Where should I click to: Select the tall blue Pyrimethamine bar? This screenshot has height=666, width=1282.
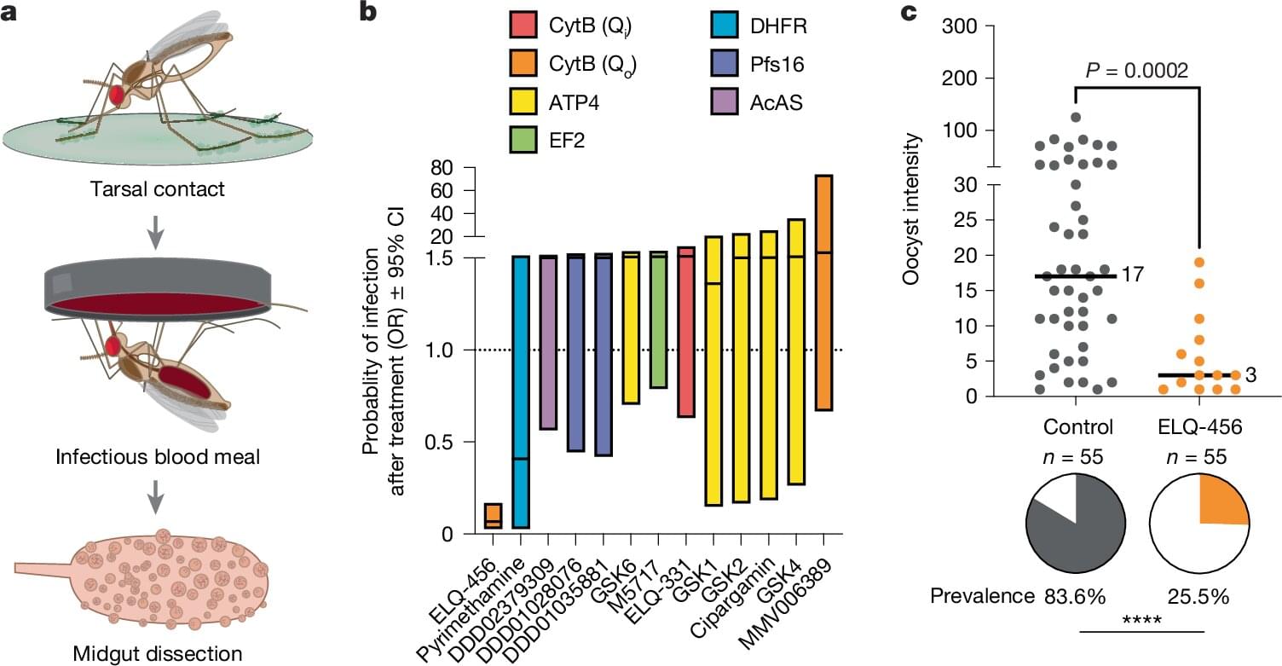point(521,392)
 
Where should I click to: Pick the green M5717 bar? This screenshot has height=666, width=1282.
point(658,321)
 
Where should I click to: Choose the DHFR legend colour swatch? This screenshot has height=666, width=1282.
point(719,27)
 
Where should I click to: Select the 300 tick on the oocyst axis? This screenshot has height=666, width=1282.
point(961,26)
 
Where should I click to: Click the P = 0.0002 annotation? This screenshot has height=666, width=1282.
point(1136,71)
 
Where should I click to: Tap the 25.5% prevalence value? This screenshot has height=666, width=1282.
point(1198,596)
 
